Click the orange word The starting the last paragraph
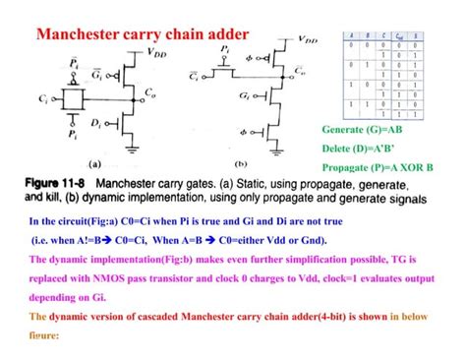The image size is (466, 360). tap(38, 317)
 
